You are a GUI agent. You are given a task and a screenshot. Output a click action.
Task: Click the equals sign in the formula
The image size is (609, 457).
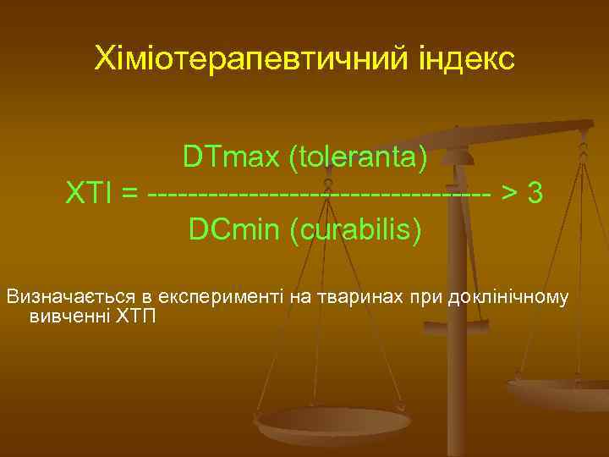[130, 194]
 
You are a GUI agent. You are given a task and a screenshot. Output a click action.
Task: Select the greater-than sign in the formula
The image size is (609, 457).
[509, 194]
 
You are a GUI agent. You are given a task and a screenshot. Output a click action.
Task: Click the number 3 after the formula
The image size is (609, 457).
[535, 194]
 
